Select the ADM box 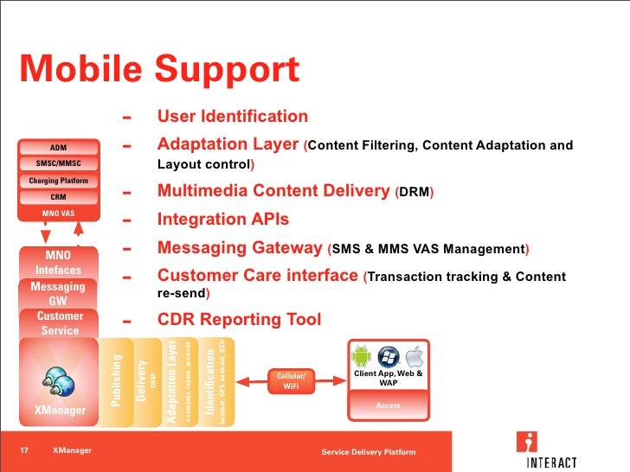58,147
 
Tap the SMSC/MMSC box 58,163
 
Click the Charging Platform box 58,181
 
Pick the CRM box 58,196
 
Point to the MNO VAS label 58,213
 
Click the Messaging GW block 58,293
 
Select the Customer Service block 60,323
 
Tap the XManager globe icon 59,380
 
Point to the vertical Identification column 212,380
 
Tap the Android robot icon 361,355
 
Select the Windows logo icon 388,355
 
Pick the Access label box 388,405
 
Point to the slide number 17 25,450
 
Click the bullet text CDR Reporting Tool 239,320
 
